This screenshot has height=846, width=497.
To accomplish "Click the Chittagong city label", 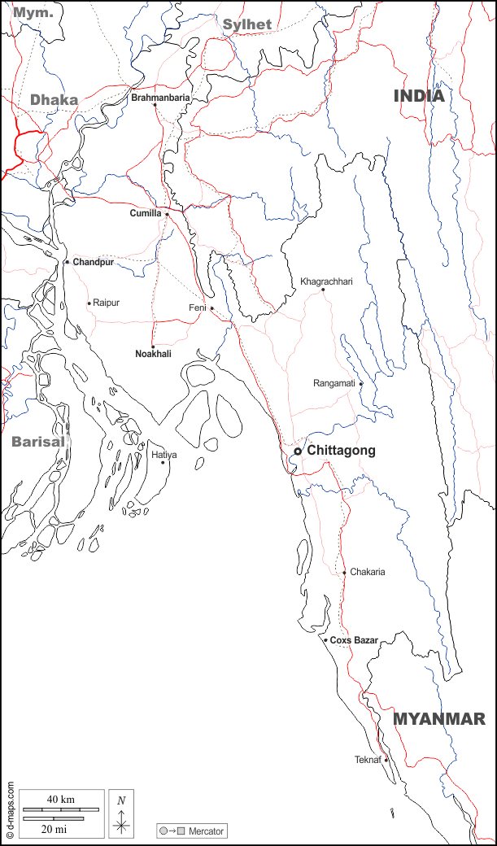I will point(341,451).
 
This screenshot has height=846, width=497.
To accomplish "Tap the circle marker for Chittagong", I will point(298,451).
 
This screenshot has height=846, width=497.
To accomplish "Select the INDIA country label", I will point(419,96).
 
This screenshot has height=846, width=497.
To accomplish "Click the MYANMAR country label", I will point(439,719).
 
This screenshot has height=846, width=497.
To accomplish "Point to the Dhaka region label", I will point(54,100).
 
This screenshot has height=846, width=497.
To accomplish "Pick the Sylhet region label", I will point(247,24).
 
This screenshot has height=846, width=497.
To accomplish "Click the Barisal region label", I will point(37,443).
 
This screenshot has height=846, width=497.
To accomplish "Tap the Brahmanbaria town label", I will point(160,98).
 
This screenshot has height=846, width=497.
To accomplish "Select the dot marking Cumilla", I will point(167,215).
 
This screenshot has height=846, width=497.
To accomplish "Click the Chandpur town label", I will point(93,263).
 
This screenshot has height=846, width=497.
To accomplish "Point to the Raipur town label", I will point(106,303).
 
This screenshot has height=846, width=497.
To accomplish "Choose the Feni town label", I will point(198,308).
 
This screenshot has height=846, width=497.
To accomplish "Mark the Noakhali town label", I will point(153,354).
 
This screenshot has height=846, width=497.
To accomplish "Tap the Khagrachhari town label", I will point(326,281).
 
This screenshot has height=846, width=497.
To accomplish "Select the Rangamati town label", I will point(334,383).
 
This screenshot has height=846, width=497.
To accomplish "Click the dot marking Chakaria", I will point(344,573).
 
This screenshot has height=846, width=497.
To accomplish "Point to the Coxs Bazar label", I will point(354,641).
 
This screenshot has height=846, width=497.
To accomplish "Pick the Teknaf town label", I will point(368,760).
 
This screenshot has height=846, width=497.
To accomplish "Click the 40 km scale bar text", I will point(61,800).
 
